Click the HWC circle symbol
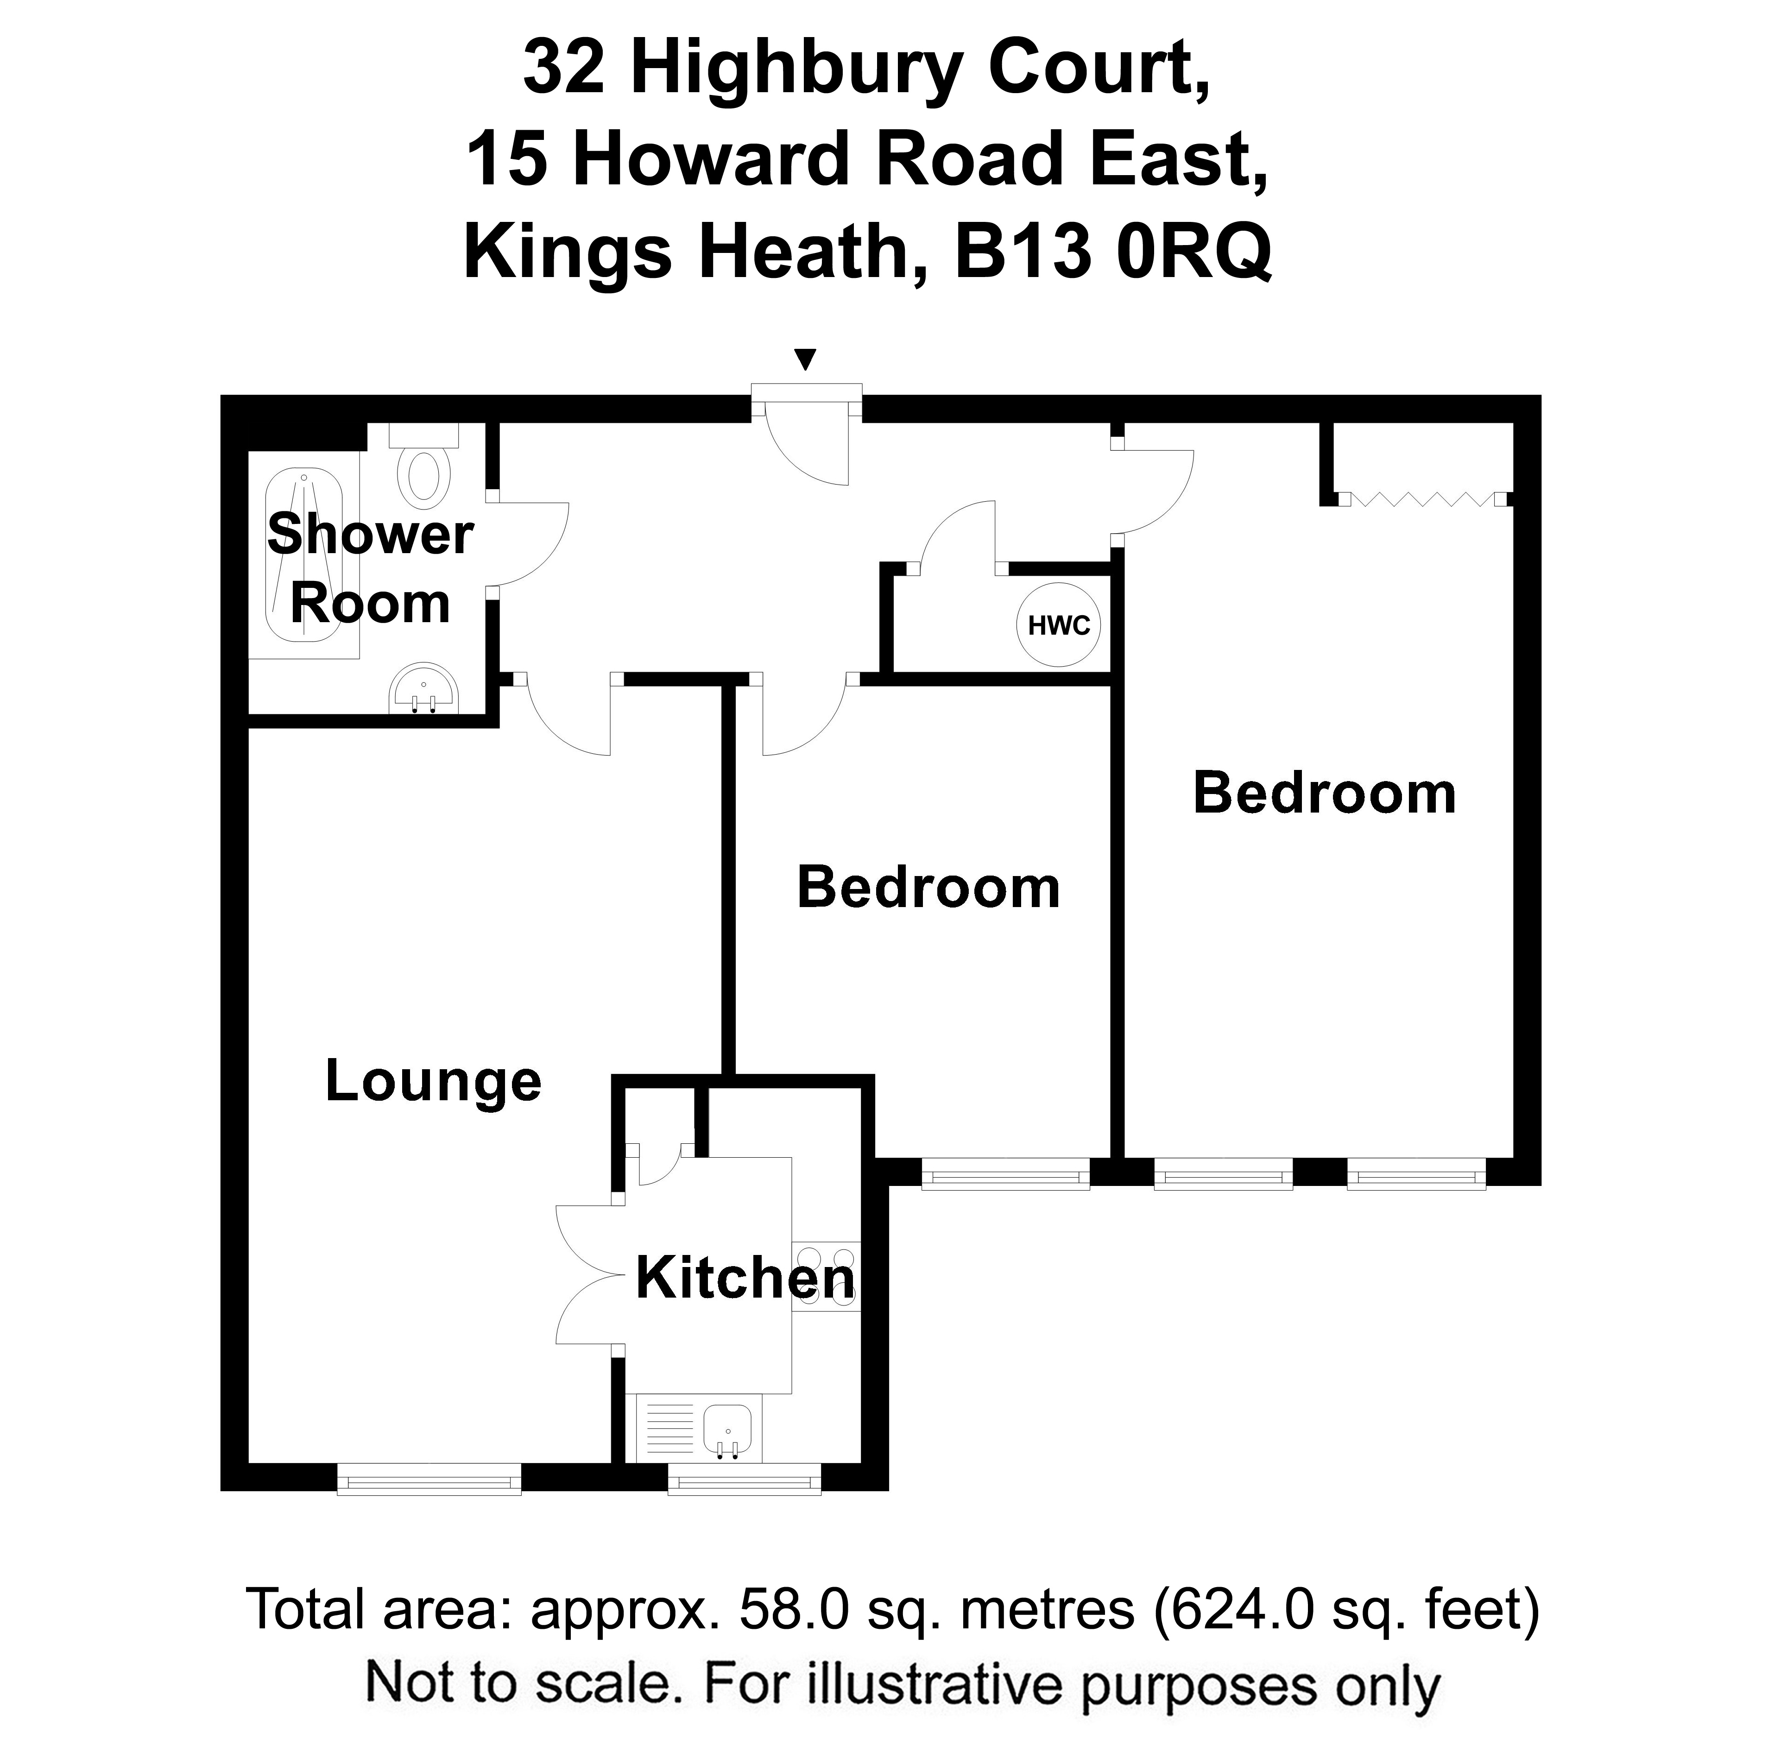1059,625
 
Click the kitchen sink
727,1430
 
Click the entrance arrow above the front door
805,359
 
